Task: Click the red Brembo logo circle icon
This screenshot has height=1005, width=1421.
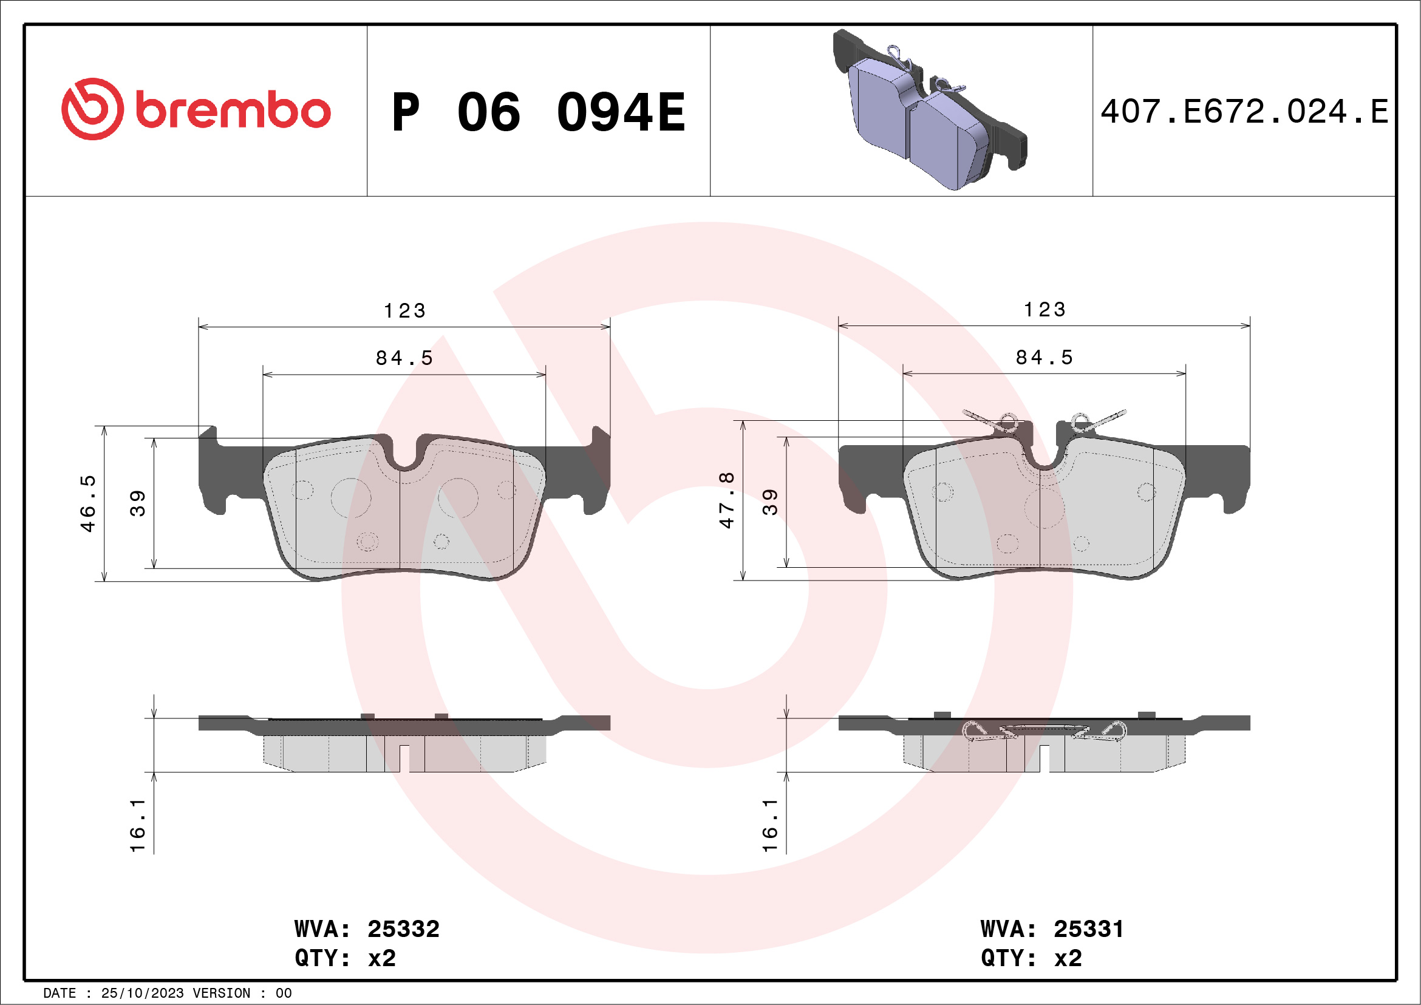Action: pos(92,109)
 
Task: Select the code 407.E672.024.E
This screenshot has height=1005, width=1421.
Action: pos(1245,112)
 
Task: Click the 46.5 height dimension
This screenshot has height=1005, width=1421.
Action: pos(89,503)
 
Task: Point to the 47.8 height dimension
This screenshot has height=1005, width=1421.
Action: pos(726,500)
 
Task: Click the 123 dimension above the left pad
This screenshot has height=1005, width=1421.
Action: pos(405,311)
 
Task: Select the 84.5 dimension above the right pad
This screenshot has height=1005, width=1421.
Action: pos(1044,357)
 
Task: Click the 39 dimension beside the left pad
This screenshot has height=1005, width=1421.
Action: pos(137,503)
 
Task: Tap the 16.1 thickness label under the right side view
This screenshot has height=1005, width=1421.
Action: pos(769,825)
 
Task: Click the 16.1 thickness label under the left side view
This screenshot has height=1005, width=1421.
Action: pos(137,825)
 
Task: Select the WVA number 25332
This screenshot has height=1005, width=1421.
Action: pos(403,929)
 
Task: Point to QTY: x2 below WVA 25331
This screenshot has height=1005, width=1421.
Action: pos(1031,958)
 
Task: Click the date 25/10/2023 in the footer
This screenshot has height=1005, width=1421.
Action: pos(141,993)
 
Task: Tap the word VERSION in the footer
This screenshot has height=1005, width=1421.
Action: pos(221,993)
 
